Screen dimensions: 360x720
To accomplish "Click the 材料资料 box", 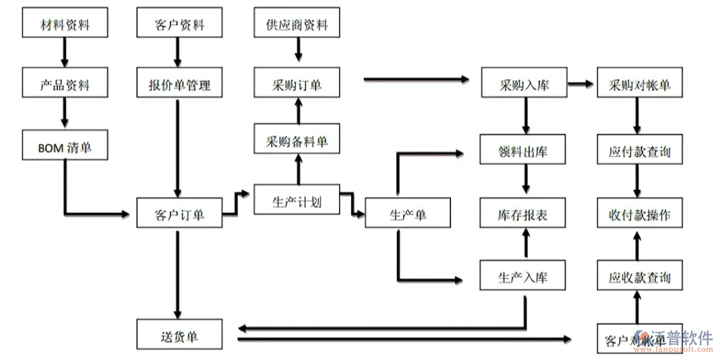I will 65,26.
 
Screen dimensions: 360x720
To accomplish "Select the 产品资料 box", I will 65,85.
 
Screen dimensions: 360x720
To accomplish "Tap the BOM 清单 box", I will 65,146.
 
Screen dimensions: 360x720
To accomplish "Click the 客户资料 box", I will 179,26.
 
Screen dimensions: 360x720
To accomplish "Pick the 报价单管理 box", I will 179,85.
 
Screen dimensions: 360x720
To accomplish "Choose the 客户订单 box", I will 179,215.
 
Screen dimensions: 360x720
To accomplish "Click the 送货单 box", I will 179,335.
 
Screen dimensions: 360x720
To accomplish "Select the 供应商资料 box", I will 297,26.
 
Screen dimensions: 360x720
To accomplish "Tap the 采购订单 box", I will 297,85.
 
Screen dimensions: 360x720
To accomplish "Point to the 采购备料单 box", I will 297,142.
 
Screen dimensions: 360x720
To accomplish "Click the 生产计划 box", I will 297,201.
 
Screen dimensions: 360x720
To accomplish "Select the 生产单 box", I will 408,215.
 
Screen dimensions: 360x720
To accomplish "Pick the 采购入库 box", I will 524,85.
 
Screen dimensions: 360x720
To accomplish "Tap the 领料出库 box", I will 524,152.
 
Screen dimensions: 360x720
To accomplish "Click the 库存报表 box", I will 524,214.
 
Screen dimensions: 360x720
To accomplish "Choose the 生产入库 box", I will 524,276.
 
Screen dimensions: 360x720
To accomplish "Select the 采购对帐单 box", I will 640,85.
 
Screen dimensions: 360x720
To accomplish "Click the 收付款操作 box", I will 640,214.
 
